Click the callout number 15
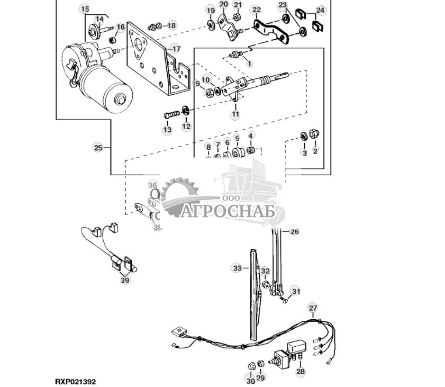(85, 9)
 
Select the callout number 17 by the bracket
(176, 49)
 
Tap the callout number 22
(256, 10)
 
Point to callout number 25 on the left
(98, 148)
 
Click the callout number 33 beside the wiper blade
(238, 268)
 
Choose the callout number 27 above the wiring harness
(313, 308)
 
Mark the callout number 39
(125, 280)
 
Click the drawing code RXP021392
(75, 381)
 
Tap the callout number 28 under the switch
(301, 372)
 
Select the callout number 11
(235, 114)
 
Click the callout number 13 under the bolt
(167, 130)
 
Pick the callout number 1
(249, 63)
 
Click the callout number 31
(296, 291)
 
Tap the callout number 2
(315, 152)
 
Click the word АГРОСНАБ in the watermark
(229, 212)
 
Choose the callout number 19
(211, 11)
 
